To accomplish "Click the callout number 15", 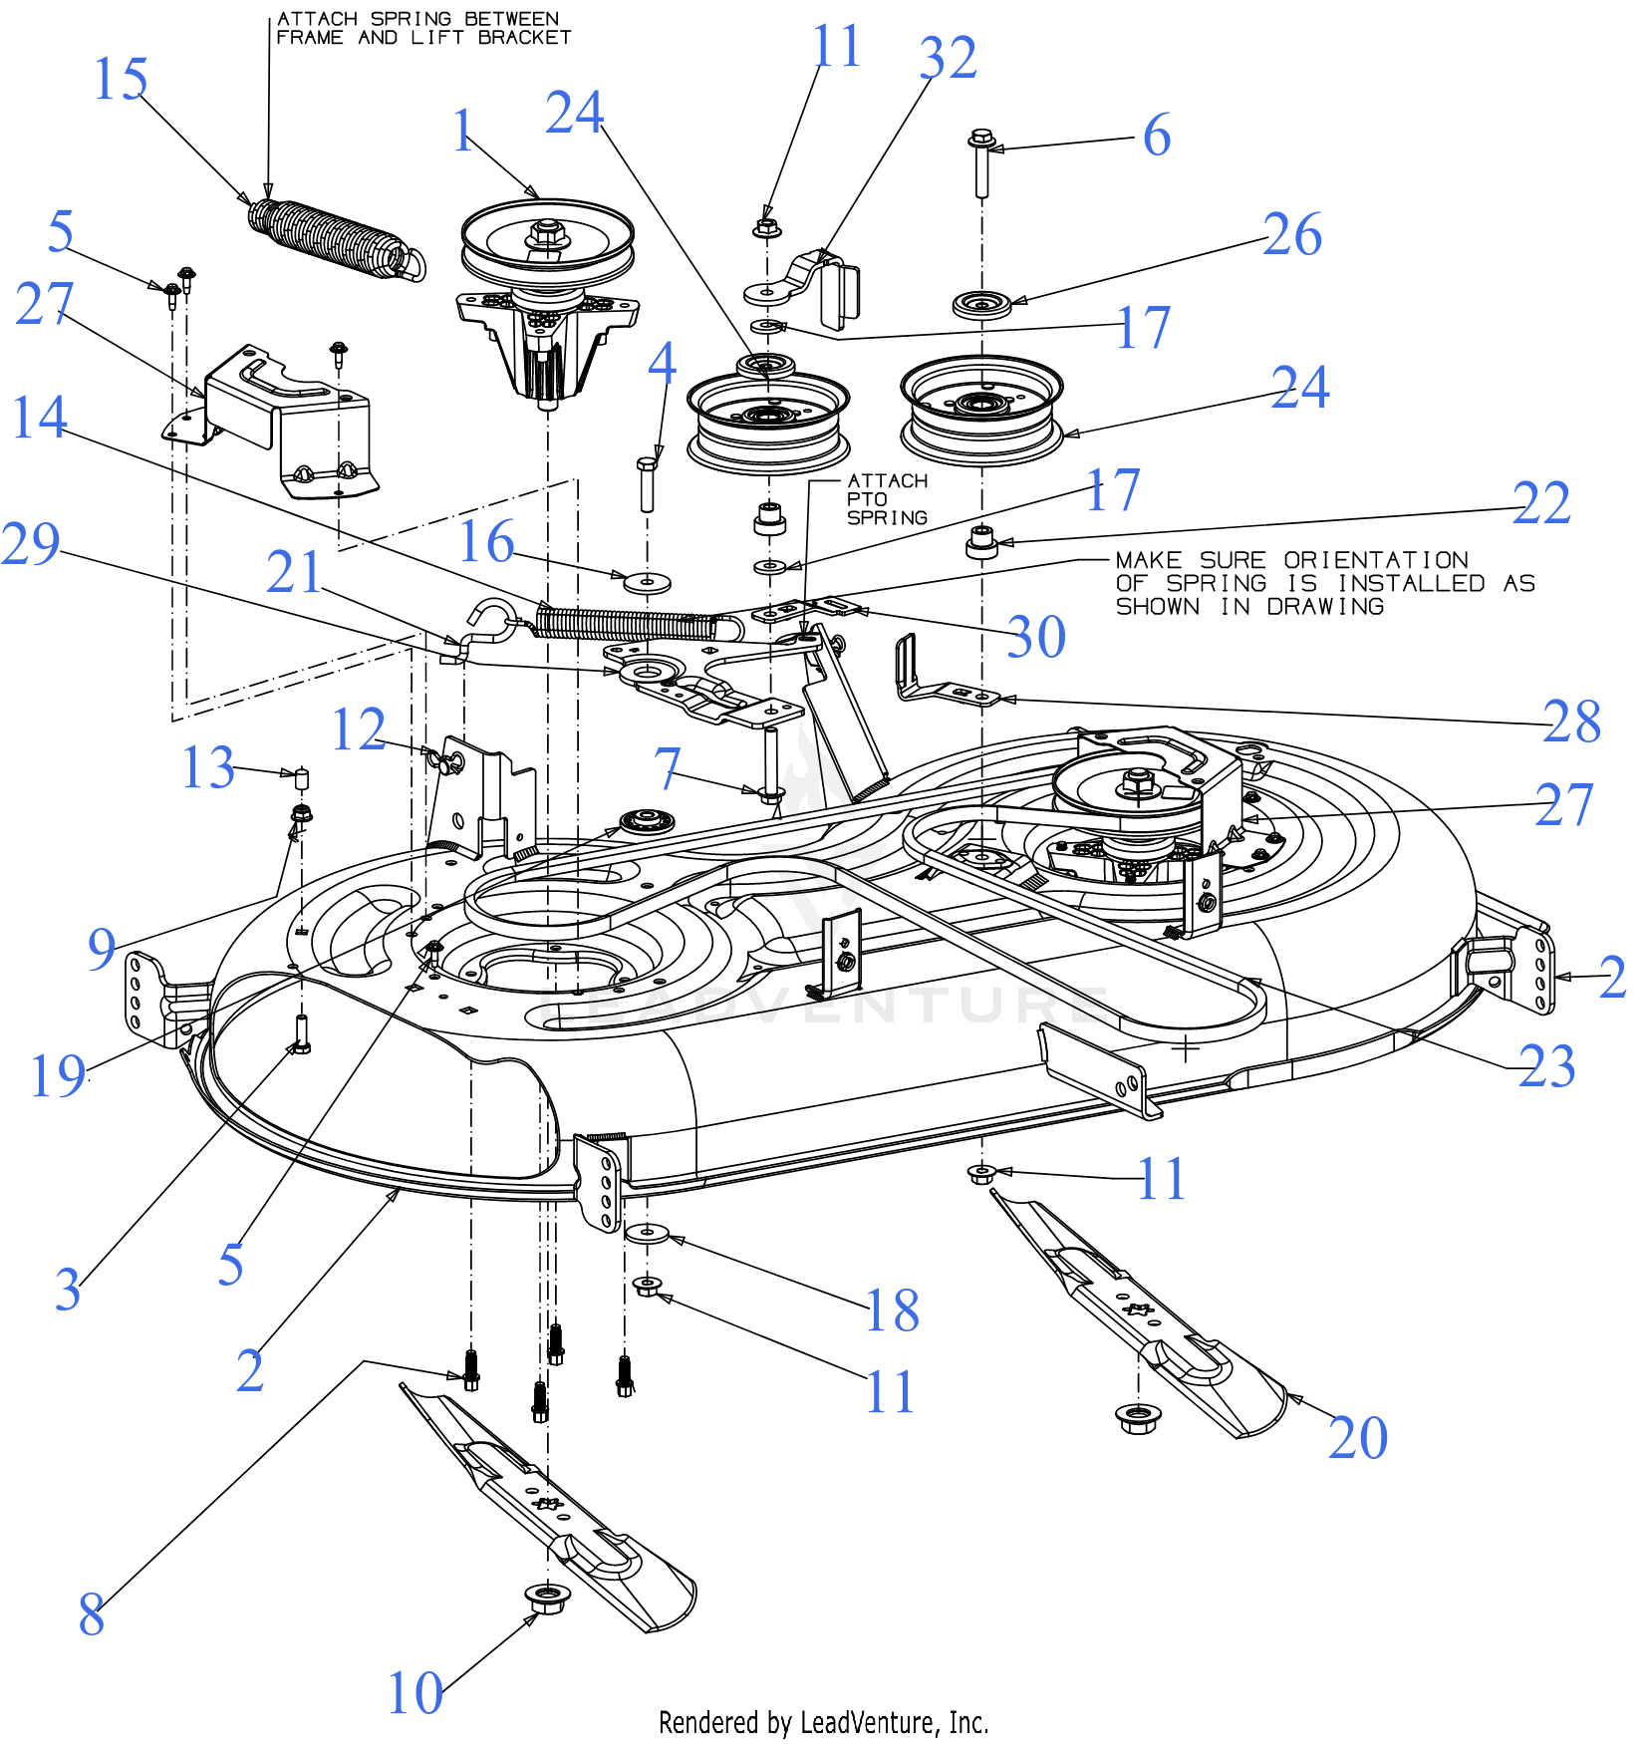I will tap(121, 79).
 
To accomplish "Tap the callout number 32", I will tap(948, 58).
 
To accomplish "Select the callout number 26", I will tap(1292, 235).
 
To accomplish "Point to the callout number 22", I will tap(1540, 503).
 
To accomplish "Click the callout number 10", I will tap(414, 1693).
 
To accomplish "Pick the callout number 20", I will tap(1357, 1437).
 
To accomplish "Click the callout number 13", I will tap(208, 767).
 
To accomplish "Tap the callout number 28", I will tap(1571, 722).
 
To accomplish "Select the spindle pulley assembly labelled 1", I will tap(547, 289).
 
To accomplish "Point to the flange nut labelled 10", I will tap(546, 1599).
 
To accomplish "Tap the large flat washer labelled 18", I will tap(648, 1234).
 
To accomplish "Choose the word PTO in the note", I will tap(866, 499).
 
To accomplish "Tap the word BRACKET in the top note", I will tap(524, 38).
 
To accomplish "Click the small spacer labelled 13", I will tap(302, 777).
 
